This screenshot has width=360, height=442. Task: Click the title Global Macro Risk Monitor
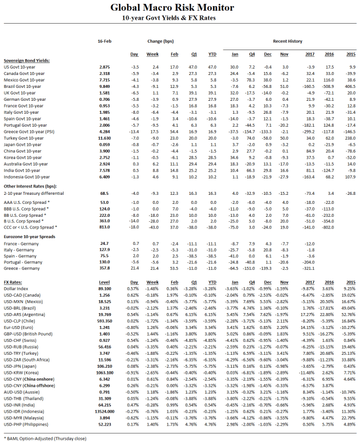[x=179, y=7]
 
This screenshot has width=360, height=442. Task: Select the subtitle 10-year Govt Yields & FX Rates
[x=179, y=18]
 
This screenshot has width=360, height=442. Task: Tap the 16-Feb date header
[x=104, y=41]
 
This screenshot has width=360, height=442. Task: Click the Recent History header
[x=287, y=41]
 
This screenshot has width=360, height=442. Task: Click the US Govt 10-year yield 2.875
[x=104, y=67]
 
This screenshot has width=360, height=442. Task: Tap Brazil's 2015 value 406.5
[x=350, y=87]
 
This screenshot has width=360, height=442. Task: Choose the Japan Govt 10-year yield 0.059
[x=104, y=145]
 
